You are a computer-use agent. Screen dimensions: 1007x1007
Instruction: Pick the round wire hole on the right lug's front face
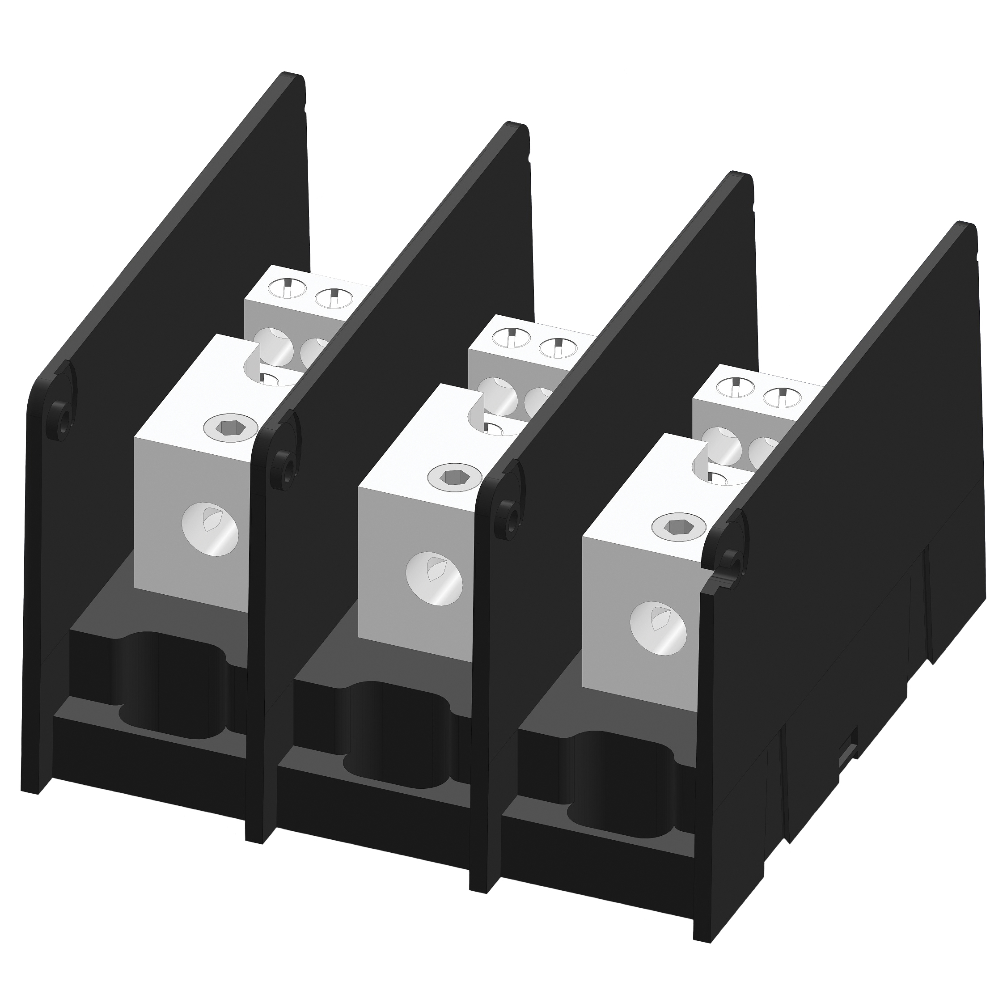658,628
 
